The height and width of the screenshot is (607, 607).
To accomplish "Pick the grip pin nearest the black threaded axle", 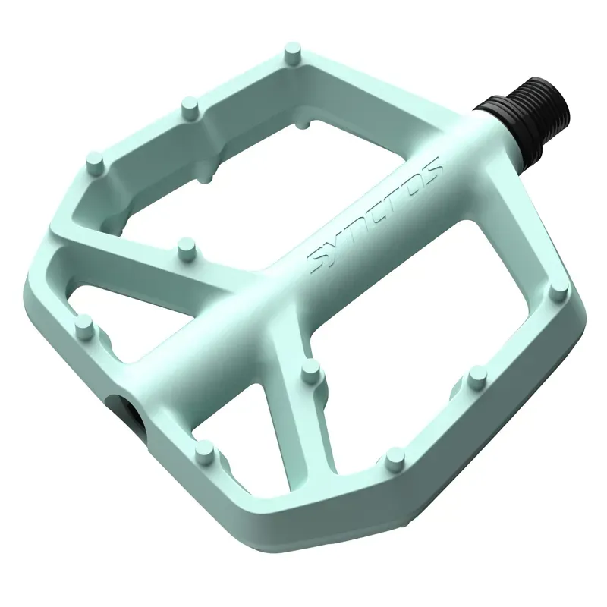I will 291,55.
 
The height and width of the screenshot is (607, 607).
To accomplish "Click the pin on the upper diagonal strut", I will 184,247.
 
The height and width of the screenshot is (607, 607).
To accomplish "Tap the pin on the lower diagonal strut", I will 310,370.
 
